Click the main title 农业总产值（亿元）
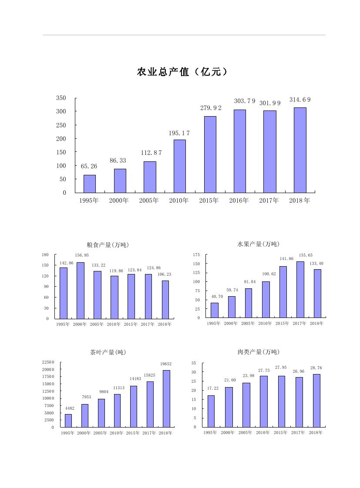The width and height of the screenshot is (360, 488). point(182,72)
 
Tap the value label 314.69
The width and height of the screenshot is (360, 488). point(300,100)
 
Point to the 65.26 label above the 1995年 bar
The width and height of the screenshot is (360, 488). point(89,167)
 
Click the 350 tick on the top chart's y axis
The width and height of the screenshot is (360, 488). point(61,98)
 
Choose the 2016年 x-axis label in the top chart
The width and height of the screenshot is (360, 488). point(239,201)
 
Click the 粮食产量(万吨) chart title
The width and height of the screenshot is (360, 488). point(108,245)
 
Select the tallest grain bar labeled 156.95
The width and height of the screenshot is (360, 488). point(81,290)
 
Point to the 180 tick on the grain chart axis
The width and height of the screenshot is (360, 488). point(45,255)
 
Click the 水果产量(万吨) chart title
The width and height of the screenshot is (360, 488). point(258,244)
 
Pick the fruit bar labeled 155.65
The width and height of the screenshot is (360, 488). point(300,289)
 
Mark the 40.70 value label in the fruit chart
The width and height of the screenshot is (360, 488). point(215,297)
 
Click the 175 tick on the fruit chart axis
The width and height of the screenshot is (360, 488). point(197,255)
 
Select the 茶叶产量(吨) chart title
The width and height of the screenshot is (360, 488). point(108,352)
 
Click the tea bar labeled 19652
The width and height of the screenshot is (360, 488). point(166,398)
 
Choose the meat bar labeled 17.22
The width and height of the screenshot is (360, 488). point(211,411)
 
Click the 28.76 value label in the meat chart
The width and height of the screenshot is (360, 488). point(316,368)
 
